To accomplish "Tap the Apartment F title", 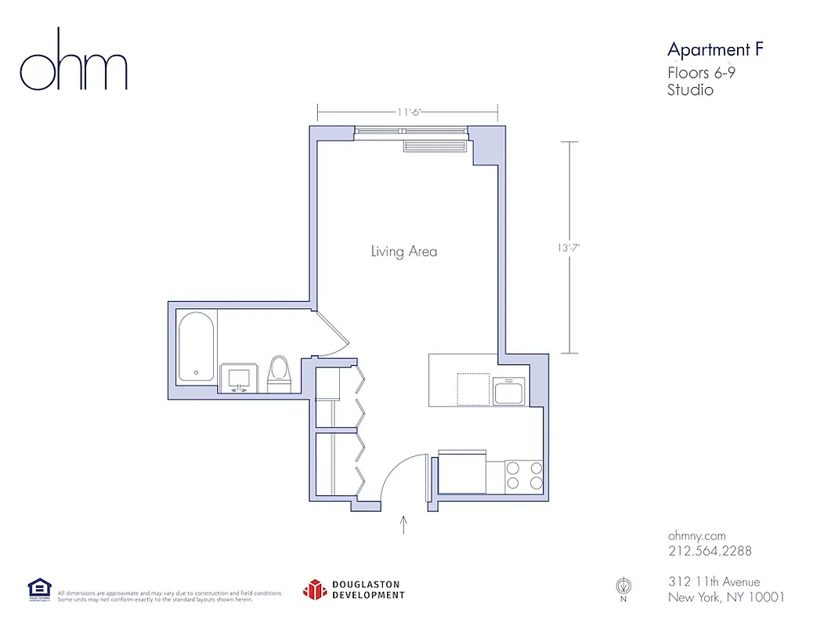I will pos(714,50).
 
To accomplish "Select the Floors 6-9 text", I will pos(700,73).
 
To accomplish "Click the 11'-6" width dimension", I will pos(409,112).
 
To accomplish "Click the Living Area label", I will pos(403,252).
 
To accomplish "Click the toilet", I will pos(279,374).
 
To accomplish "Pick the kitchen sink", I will pos(509,390).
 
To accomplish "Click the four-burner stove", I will pos(524,476).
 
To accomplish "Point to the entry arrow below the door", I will pos(404,524).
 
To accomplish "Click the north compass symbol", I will pos(623,585).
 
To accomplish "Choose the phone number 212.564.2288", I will pos(710,551).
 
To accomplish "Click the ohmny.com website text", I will pos(698,535).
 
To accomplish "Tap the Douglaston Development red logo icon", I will pos(315,589).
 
